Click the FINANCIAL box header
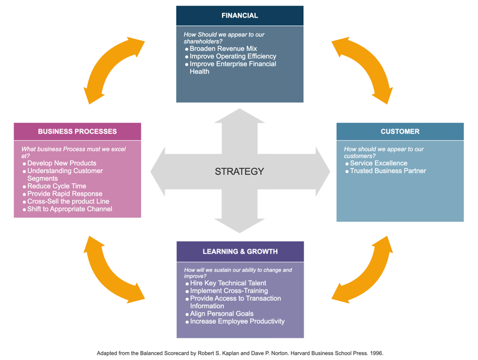tap(240, 16)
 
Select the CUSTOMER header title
tap(399, 132)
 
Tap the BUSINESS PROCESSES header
tap(77, 132)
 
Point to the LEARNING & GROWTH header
tap(240, 252)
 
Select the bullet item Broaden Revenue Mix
tap(223, 49)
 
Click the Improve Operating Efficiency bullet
tap(233, 56)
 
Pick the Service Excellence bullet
tap(378, 164)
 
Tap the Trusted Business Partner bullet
tap(388, 171)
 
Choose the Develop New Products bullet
tap(62, 164)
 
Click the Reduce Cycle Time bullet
tap(56, 186)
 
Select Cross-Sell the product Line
tap(68, 202)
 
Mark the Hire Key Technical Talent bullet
tap(228, 284)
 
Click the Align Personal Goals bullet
tap(221, 314)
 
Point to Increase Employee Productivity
tap(237, 322)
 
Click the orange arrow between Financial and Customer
tap(362, 69)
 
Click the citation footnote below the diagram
tap(240, 353)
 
